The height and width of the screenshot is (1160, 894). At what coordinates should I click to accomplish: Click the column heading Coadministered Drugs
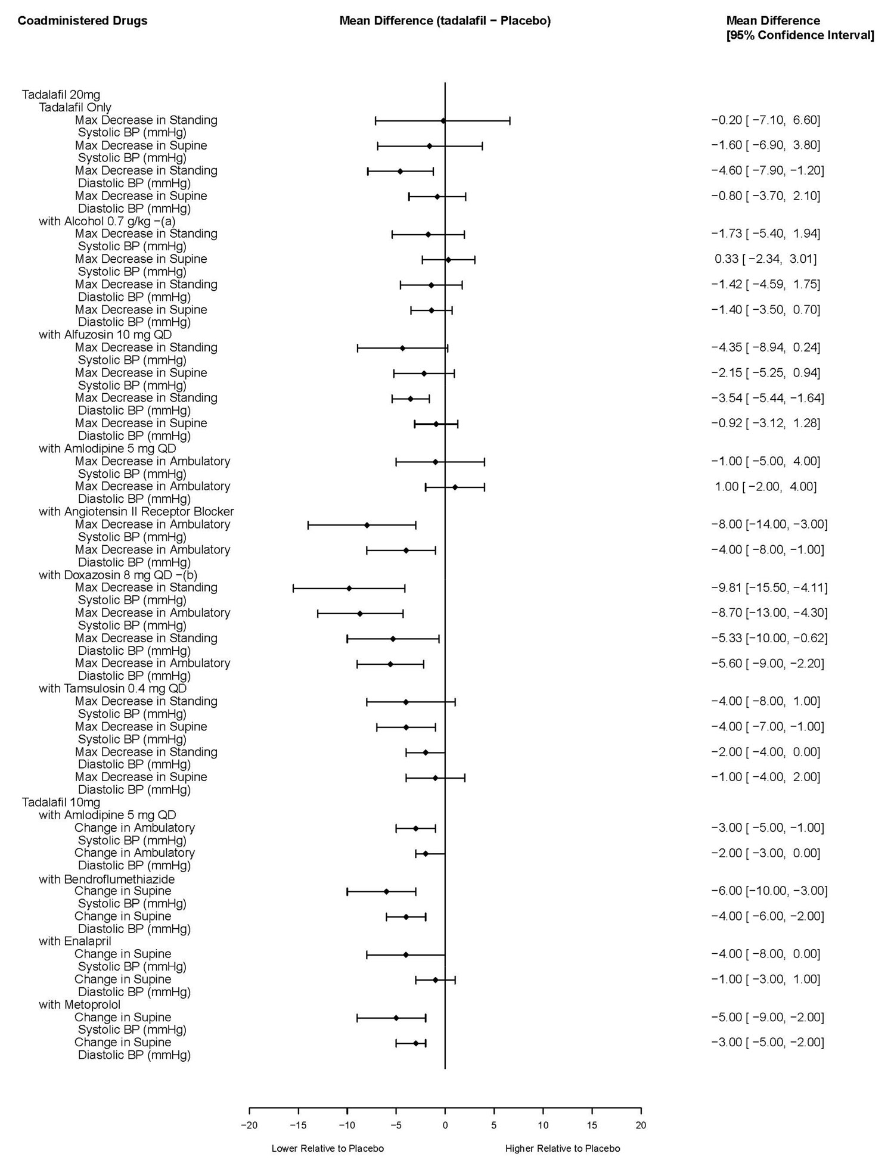(82, 21)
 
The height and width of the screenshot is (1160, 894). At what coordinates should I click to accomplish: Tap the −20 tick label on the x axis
(249, 1125)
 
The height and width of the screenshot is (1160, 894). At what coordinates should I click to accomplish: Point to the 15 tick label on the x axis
(592, 1125)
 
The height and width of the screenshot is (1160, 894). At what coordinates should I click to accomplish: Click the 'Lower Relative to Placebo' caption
(327, 1148)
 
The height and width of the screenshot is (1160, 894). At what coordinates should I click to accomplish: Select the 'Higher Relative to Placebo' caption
(563, 1148)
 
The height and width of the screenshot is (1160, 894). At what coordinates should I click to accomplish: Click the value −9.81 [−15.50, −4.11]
(769, 588)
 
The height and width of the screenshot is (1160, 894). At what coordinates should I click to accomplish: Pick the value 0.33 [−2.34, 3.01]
(765, 259)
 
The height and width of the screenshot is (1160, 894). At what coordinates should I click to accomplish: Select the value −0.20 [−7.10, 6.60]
(765, 120)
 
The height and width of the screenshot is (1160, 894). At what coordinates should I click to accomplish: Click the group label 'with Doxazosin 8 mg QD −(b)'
(118, 575)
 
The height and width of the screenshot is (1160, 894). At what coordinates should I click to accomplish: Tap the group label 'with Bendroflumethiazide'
(107, 879)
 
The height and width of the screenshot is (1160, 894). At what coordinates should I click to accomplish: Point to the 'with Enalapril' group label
(75, 941)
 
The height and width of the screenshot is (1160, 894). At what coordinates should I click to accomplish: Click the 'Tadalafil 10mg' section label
(61, 803)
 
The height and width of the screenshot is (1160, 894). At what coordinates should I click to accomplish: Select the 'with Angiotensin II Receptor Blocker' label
(136, 511)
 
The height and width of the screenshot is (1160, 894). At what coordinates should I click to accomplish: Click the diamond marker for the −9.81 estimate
(349, 589)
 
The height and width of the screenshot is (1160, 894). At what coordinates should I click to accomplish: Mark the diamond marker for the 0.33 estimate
(448, 260)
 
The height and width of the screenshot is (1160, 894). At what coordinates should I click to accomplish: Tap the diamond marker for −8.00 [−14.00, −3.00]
(367, 525)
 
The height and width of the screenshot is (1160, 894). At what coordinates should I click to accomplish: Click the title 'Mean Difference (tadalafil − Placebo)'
(445, 21)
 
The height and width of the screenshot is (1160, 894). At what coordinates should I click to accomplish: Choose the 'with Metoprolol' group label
(80, 1004)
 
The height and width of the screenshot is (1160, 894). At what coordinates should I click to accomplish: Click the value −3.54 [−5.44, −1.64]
(768, 398)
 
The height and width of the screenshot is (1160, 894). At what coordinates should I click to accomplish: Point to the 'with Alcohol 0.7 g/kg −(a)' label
(107, 221)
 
